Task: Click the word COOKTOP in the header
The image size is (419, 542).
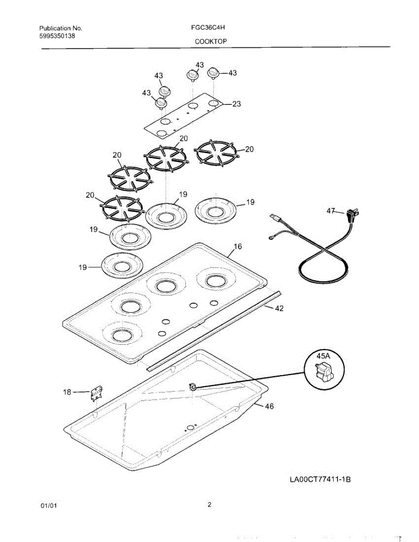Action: (x=211, y=41)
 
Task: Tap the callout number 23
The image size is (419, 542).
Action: (x=236, y=104)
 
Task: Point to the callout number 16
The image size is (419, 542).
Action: (x=238, y=247)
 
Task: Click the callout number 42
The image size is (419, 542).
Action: (x=279, y=308)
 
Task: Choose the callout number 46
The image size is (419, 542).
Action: (x=269, y=406)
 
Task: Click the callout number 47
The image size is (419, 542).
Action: (x=331, y=210)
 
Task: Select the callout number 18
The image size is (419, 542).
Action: (x=67, y=392)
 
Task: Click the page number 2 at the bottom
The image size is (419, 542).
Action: (x=209, y=505)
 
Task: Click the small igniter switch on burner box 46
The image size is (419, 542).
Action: (x=193, y=387)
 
